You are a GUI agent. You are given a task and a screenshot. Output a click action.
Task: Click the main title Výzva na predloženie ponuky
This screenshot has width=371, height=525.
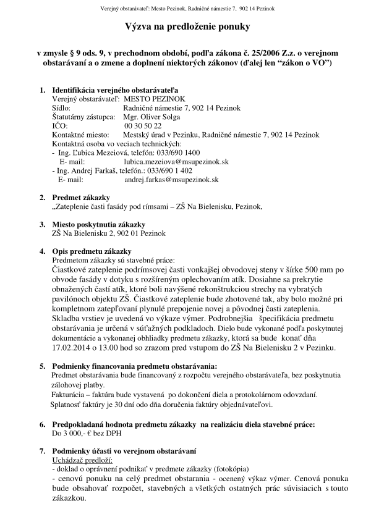coord(185,28)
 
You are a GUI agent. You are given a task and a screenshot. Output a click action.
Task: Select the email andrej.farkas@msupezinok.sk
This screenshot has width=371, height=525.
coord(171,179)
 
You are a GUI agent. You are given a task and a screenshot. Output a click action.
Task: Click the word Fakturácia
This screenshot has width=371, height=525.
coord(70,394)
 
